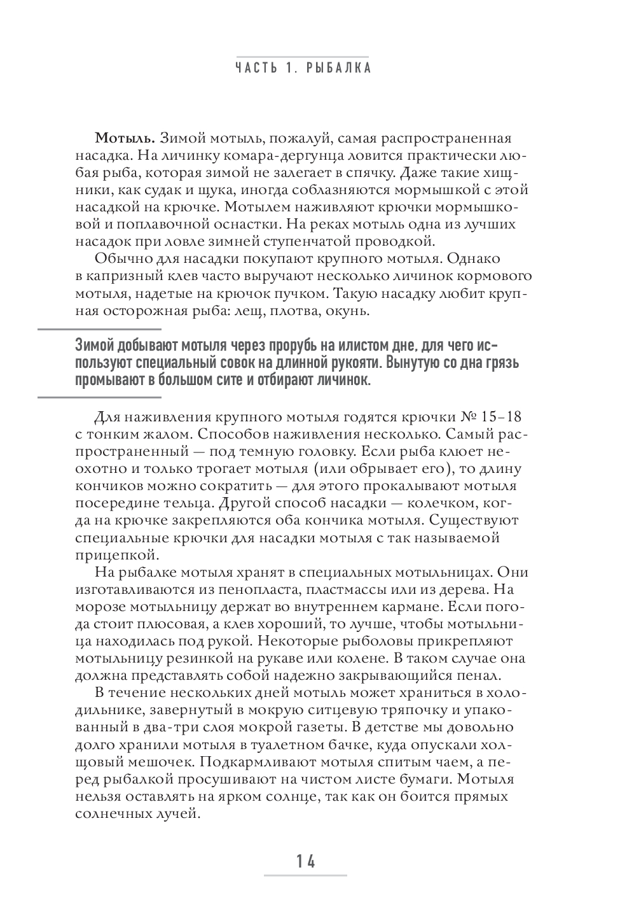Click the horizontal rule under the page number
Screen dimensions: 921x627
306,876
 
